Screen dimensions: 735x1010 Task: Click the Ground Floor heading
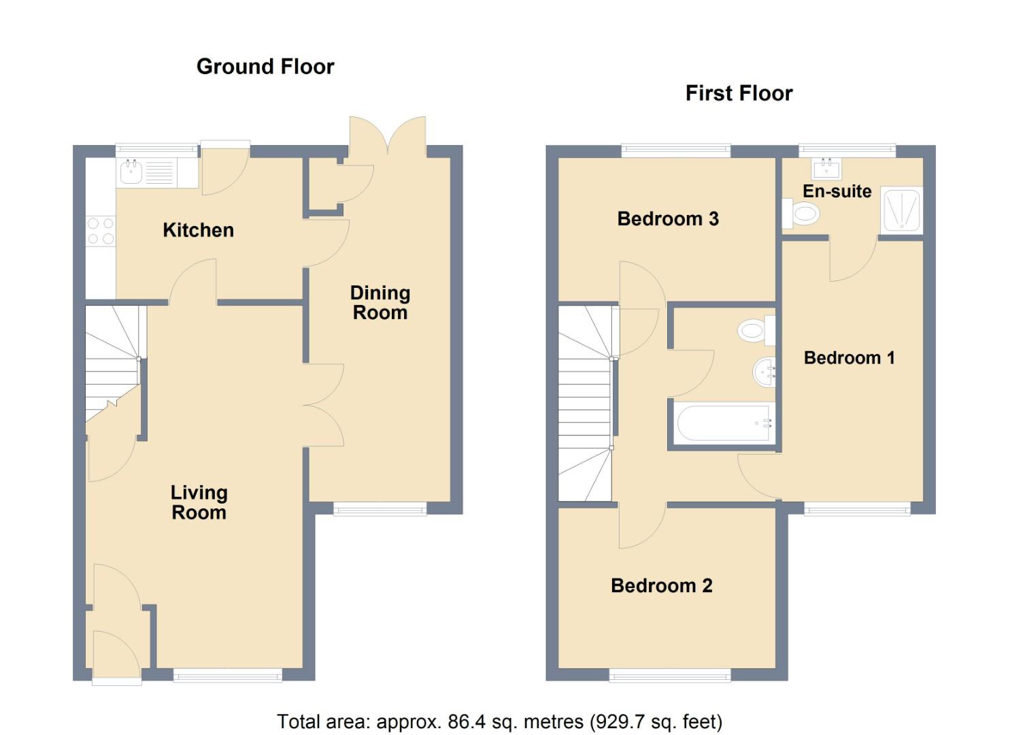tap(265, 67)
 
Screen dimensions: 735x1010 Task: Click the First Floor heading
tap(739, 93)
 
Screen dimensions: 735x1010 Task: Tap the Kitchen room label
tap(198, 230)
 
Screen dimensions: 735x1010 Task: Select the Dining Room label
tap(380, 303)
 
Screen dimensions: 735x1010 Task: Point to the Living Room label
tap(199, 502)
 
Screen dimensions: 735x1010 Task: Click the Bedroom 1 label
tap(849, 358)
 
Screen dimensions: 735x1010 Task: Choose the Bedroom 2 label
tap(661, 586)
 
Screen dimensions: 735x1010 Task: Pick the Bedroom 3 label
tap(667, 219)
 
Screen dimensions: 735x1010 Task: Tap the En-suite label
tap(837, 191)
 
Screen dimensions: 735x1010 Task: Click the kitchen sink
tap(131, 173)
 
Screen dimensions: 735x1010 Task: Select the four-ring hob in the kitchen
tap(101, 231)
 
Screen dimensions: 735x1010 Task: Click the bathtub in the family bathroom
tap(722, 423)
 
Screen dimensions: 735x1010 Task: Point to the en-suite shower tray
tap(902, 210)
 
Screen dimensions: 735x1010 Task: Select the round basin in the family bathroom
tap(764, 372)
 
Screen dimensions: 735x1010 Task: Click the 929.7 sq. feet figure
tap(656, 721)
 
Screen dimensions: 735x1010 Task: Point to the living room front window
tap(227, 674)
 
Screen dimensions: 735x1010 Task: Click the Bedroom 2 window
tap(670, 674)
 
